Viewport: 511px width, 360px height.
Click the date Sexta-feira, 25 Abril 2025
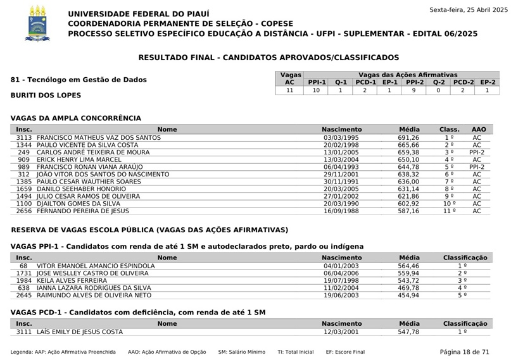point(469,9)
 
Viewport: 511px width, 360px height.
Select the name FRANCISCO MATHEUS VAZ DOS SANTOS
point(99,137)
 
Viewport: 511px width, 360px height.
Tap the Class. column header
point(450,129)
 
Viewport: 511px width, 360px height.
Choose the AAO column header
point(479,129)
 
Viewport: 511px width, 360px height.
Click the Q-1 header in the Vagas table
point(341,82)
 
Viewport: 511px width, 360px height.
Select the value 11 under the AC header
point(290,90)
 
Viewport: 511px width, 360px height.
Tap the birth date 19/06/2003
point(341,295)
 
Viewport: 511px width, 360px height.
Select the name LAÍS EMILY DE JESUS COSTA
point(80,332)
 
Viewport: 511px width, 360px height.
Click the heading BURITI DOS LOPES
point(46,96)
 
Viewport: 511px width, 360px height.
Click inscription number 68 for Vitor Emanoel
point(23,266)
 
